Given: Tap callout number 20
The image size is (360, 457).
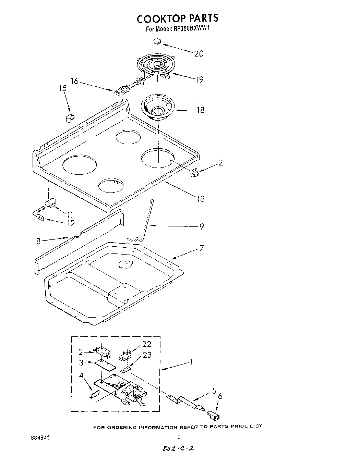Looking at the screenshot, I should point(199,53).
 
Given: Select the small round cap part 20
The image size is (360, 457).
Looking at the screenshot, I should point(157,41).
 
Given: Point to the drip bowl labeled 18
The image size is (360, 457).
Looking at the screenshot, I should point(158,108).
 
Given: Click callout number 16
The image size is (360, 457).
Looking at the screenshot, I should point(74,82).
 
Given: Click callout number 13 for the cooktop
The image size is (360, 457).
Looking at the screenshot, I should point(201,198).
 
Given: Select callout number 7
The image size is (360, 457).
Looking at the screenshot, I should point(201,248).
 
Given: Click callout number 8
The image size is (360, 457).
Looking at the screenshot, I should point(38,241).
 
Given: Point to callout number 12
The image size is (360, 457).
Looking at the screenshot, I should point(71,223).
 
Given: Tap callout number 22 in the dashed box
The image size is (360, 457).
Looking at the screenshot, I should point(146,344).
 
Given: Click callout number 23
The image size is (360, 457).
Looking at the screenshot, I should point(147,355).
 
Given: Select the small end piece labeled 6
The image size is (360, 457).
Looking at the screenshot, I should point(214,416).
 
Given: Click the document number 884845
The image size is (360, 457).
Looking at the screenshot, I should point(40,437).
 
